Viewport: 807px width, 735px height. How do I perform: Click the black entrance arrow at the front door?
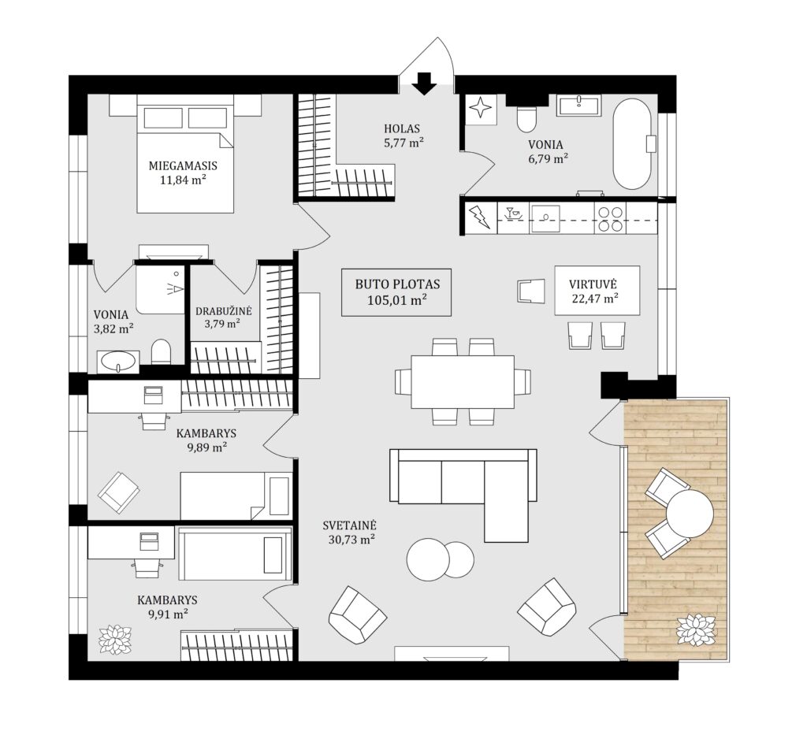pyautogui.click(x=425, y=84)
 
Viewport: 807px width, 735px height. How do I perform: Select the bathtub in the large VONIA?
pyautogui.click(x=633, y=143)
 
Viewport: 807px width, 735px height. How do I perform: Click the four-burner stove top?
pyautogui.click(x=610, y=218)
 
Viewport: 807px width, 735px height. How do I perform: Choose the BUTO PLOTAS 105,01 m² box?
pyautogui.click(x=396, y=292)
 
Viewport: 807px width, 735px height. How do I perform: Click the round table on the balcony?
pyautogui.click(x=690, y=514)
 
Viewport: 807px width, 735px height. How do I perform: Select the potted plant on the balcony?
pyautogui.click(x=696, y=629)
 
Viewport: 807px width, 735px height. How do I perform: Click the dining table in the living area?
pyautogui.click(x=463, y=381)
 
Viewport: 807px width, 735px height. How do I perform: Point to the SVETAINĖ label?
pyautogui.click(x=350, y=525)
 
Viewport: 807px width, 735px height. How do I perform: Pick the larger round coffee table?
pyautogui.click(x=428, y=559)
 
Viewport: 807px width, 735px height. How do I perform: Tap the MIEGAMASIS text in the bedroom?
pyautogui.click(x=183, y=165)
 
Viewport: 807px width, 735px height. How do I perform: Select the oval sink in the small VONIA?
pyautogui.click(x=119, y=362)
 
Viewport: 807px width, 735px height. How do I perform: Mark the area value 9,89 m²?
pyautogui.click(x=207, y=447)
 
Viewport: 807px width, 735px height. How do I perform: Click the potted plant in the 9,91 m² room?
pyautogui.click(x=115, y=640)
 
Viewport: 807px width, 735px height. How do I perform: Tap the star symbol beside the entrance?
pyautogui.click(x=482, y=109)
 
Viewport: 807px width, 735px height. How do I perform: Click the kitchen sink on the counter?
pyautogui.click(x=545, y=218)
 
